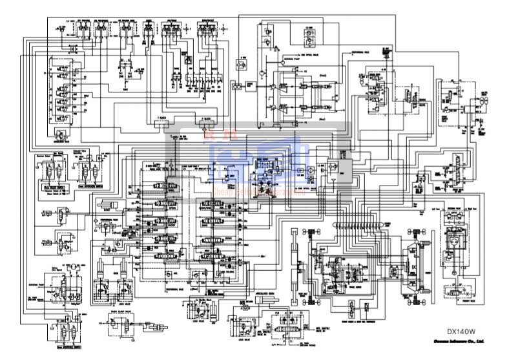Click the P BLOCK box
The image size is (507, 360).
[206, 120]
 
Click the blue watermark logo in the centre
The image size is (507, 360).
[258, 162]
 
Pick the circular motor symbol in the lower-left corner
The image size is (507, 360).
[74, 267]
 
